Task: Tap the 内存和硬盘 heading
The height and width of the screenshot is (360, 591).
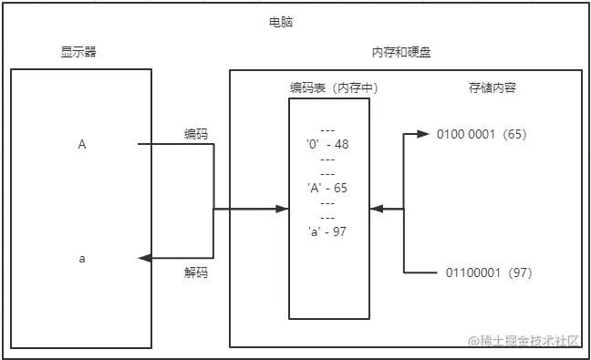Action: (x=402, y=53)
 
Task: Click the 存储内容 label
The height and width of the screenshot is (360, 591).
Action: (x=492, y=88)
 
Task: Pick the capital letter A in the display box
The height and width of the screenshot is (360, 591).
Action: (x=82, y=145)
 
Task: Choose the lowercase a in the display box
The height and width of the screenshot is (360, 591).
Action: (x=82, y=259)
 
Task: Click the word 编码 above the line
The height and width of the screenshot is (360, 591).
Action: (x=195, y=133)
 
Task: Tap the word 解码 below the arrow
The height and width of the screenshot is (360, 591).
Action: (x=195, y=273)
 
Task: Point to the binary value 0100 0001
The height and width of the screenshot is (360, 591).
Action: (x=465, y=134)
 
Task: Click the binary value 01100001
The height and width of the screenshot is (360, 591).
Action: (x=474, y=273)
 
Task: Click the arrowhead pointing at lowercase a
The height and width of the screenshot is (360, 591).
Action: (x=143, y=259)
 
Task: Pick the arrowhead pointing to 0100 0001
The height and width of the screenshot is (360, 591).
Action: (x=423, y=134)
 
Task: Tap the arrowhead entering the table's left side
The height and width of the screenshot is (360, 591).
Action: (x=283, y=210)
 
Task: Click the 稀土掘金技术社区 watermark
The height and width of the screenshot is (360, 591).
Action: (x=529, y=342)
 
